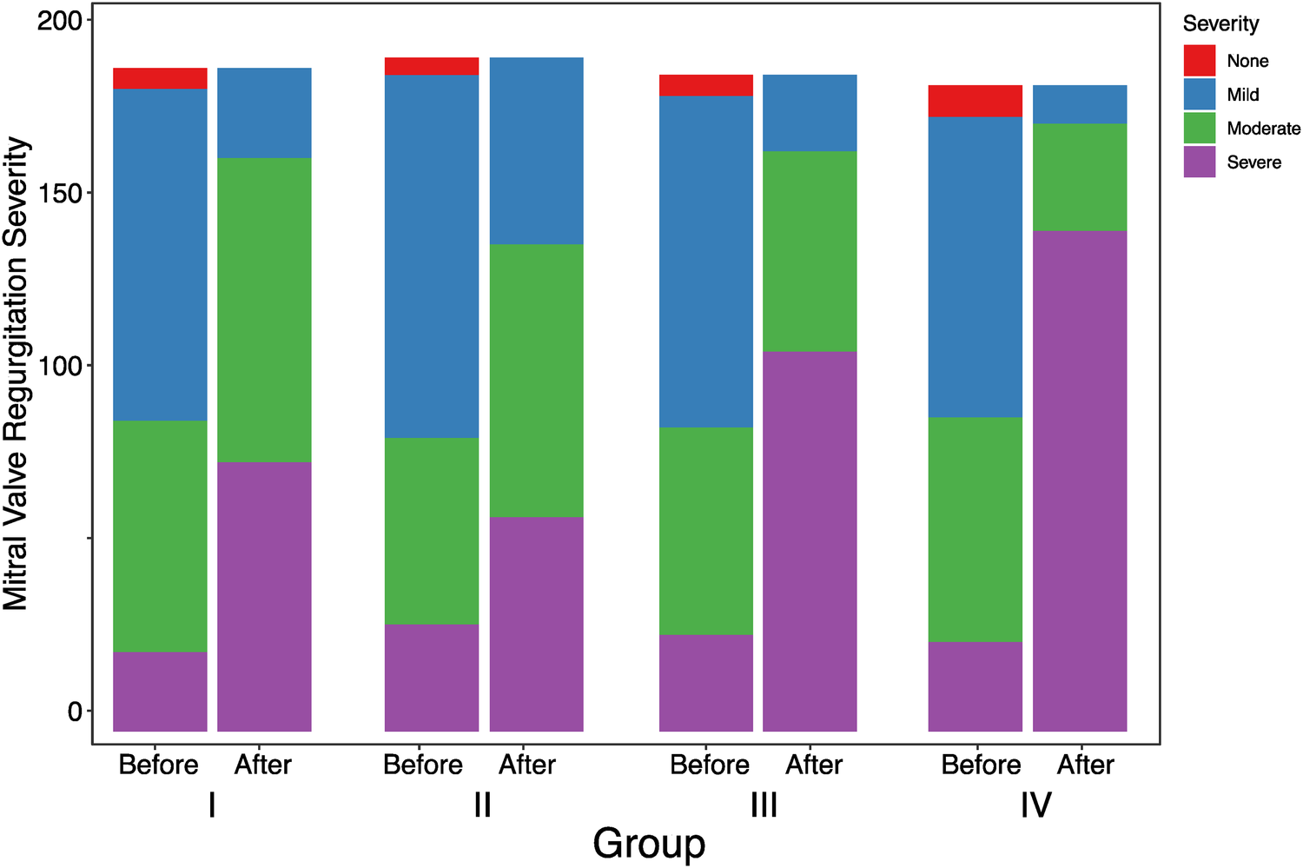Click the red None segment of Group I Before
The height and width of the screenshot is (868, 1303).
point(160,78)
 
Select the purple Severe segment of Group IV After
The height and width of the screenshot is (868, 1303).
point(1080,480)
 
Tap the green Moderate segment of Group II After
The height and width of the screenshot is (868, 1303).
point(536,381)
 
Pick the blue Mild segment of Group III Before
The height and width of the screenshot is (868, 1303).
point(705,261)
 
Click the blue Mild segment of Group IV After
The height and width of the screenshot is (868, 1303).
point(1080,104)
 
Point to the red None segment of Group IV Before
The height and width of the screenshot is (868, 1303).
point(975,101)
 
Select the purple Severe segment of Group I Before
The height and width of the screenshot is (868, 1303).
point(160,691)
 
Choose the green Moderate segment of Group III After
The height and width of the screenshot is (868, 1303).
point(810,251)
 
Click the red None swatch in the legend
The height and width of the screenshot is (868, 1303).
point(1199,61)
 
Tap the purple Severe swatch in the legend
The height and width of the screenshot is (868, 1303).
point(1199,162)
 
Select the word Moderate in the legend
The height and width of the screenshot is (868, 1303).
point(1263,129)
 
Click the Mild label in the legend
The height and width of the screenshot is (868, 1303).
point(1242,95)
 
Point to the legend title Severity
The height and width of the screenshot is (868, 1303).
point(1220,23)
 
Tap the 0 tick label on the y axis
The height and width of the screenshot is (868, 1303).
point(75,712)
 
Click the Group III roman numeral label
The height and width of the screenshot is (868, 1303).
point(764,805)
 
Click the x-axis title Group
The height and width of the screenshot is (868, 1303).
point(649,844)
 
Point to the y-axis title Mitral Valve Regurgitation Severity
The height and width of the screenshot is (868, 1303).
point(17,374)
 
